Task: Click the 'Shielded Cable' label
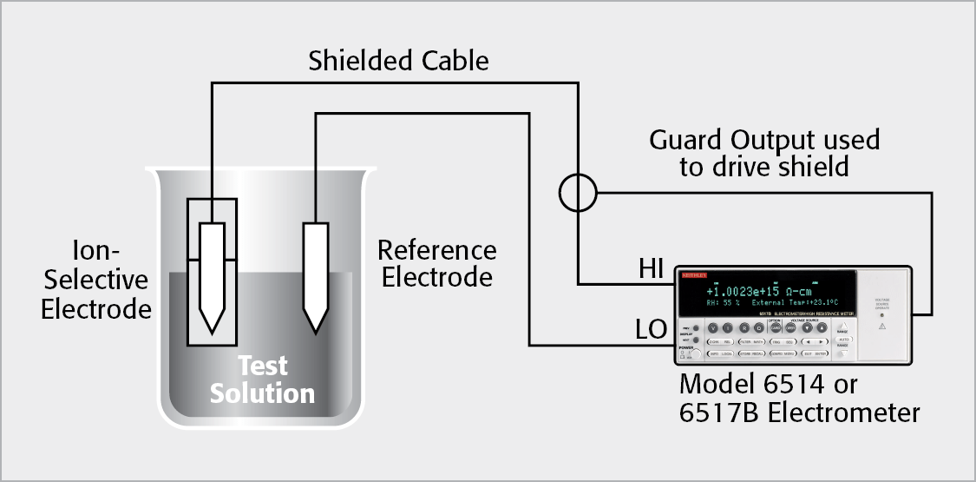(398, 61)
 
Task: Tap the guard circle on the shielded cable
(577, 194)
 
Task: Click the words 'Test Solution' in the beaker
(262, 380)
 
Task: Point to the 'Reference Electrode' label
(437, 264)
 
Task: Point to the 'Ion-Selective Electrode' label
(96, 281)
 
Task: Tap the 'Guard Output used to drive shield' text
(764, 153)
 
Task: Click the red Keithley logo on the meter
(693, 275)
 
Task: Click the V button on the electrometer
(714, 328)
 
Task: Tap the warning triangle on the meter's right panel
(881, 327)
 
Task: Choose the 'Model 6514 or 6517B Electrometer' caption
(799, 398)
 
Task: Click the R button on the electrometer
(743, 328)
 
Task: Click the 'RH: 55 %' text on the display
(724, 303)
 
